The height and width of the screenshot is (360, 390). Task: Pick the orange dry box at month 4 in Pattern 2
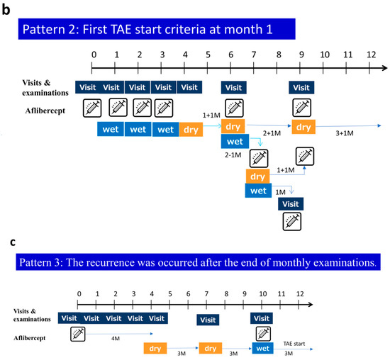coord(191,130)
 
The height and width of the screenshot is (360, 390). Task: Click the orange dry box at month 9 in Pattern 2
coord(303,128)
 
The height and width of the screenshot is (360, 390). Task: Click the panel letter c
coord(6,242)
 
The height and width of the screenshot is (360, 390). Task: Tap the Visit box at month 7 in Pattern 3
coord(206,320)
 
